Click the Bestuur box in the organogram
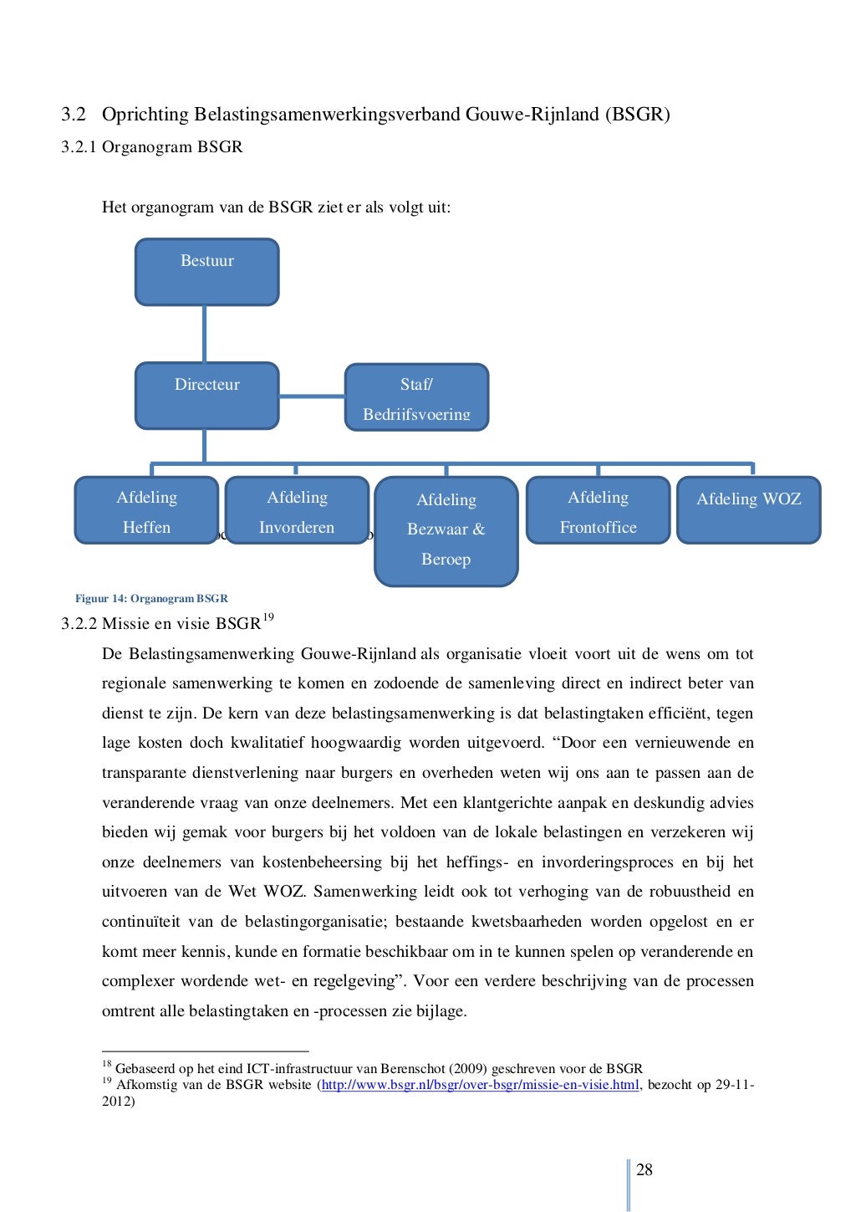206,272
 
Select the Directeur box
206,396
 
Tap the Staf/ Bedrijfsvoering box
416,397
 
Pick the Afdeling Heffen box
146,510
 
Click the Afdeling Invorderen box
297,510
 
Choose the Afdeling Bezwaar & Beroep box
446,530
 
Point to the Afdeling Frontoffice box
598,510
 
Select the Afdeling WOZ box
748,510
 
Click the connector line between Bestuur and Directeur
204,334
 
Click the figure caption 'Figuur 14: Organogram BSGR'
151,599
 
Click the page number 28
645,1169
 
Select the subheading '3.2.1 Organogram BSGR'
152,147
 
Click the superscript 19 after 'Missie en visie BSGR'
267,618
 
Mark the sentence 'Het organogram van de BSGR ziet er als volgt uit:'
276,207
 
